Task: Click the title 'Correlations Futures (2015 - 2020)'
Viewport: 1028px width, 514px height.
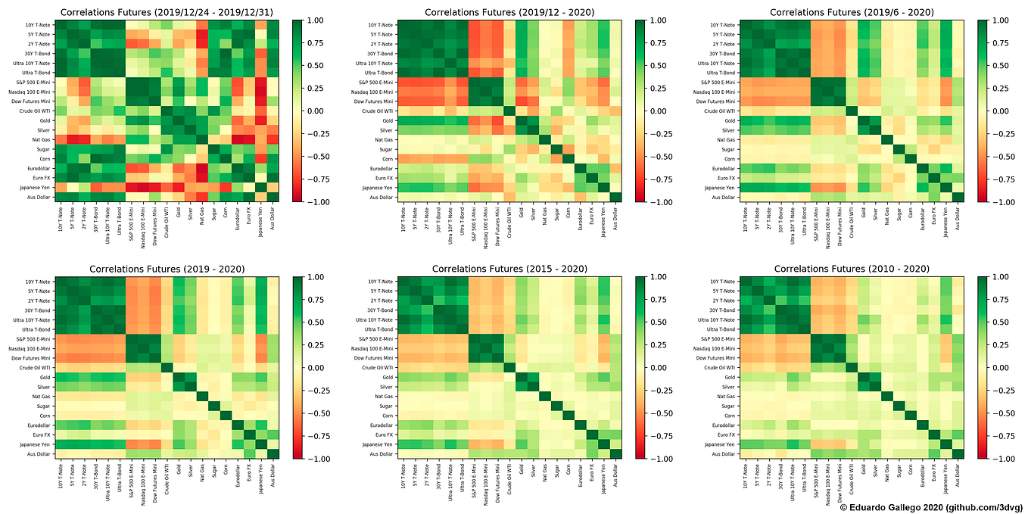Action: point(509,269)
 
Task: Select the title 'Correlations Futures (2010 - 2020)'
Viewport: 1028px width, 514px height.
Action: point(852,269)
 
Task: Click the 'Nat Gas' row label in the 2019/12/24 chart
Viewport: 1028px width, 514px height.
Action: point(43,139)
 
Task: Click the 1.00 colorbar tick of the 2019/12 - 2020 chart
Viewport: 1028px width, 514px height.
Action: point(657,20)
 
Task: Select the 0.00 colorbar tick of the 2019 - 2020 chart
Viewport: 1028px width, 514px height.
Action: point(315,368)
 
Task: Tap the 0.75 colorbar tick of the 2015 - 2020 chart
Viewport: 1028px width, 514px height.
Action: point(657,300)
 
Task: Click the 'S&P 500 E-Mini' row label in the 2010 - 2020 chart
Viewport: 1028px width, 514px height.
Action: point(715,339)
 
